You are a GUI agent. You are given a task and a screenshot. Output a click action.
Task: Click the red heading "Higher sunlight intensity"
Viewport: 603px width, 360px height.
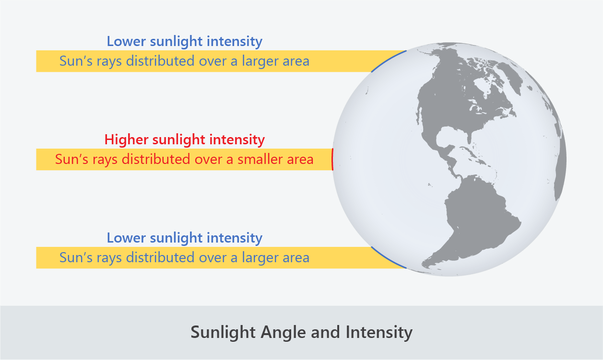184,140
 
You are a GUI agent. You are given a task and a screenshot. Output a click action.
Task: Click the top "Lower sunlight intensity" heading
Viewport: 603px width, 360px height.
184,41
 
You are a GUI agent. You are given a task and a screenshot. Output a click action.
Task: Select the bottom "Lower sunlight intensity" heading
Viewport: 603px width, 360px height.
184,238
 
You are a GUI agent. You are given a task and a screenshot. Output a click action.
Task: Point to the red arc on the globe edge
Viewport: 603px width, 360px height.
332,159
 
